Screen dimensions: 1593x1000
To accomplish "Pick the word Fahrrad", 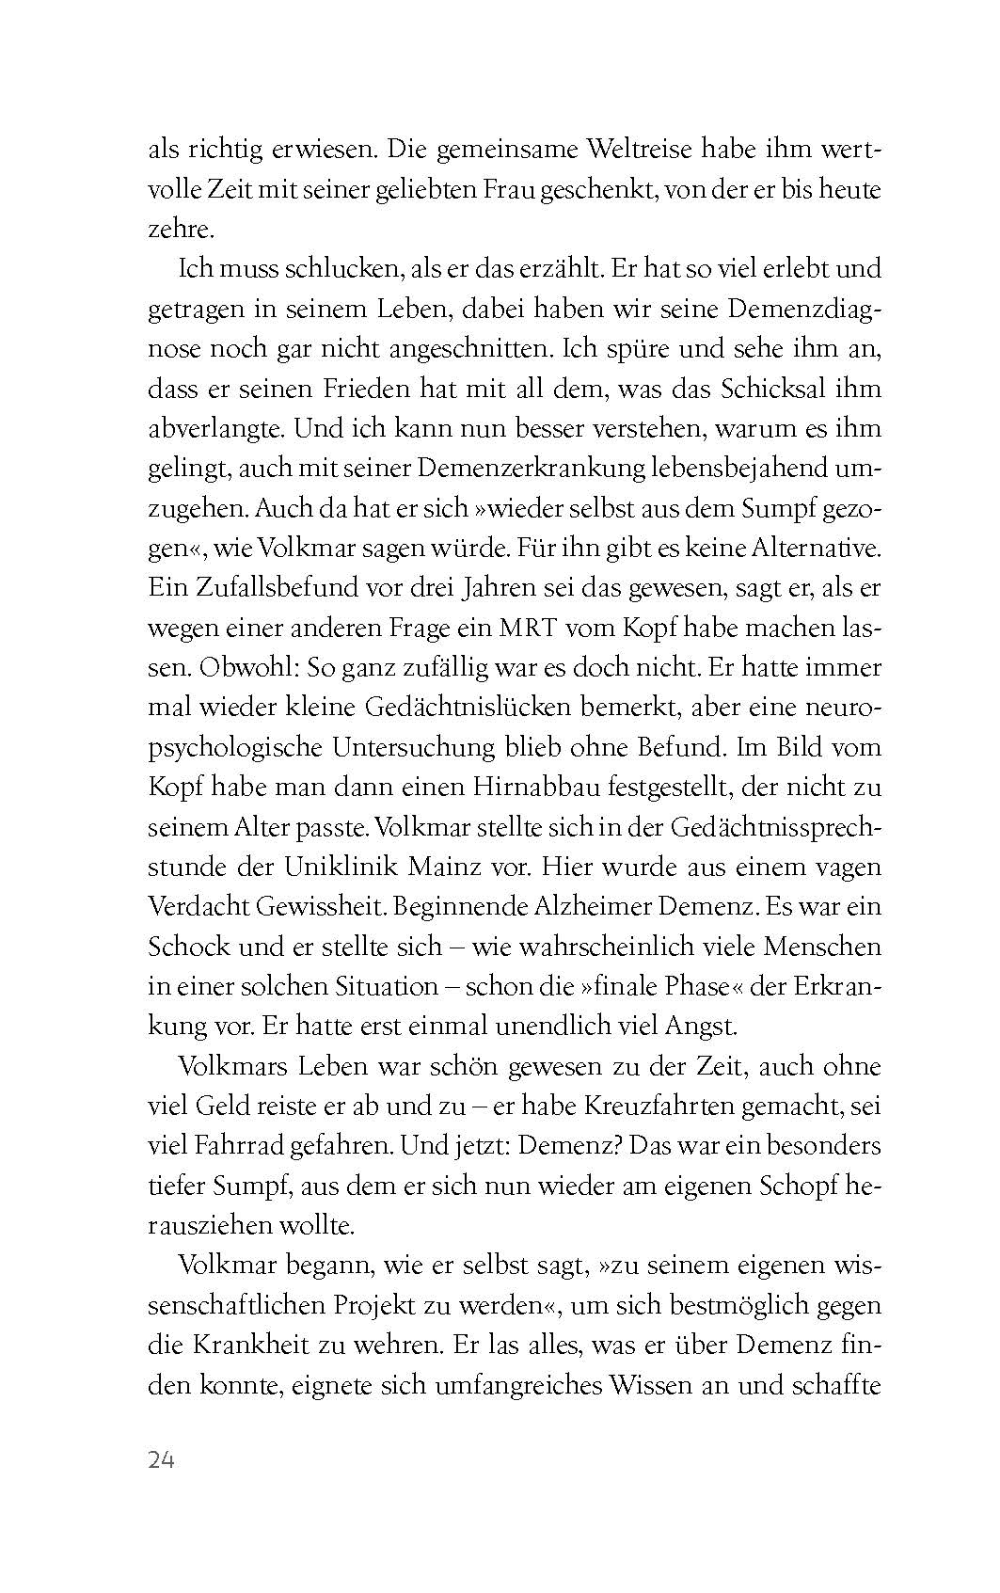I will click(246, 1146).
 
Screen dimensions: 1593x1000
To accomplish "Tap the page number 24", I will click(162, 1459).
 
